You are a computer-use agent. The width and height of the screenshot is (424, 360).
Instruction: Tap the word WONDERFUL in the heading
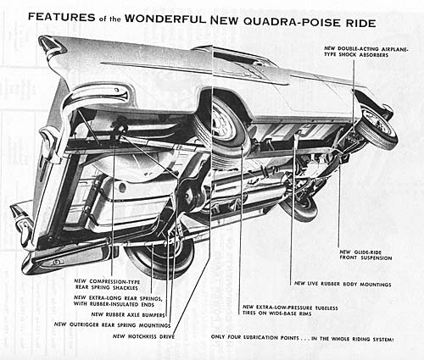[165, 19]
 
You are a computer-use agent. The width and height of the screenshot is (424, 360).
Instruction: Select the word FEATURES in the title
[62, 17]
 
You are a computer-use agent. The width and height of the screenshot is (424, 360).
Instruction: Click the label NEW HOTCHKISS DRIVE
[143, 336]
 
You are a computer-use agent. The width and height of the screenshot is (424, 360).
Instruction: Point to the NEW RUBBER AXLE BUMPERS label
[128, 314]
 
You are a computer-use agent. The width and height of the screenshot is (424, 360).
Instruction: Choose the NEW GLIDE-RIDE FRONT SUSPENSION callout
[365, 255]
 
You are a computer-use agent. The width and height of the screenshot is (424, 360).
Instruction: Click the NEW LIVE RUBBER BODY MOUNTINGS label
[343, 284]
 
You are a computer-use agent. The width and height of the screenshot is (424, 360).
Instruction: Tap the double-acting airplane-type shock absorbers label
[366, 52]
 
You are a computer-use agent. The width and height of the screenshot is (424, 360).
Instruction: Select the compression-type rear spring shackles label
[107, 285]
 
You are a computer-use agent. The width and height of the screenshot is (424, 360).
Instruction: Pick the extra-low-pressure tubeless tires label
[290, 310]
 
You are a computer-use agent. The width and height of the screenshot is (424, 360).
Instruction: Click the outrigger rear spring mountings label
[113, 325]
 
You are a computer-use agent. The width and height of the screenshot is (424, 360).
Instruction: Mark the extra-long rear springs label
[118, 301]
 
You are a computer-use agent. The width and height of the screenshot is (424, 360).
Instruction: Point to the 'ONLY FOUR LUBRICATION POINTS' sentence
[302, 338]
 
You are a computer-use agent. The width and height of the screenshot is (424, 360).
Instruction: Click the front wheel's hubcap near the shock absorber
[377, 125]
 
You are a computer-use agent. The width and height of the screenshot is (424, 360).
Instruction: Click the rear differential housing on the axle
[188, 195]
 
